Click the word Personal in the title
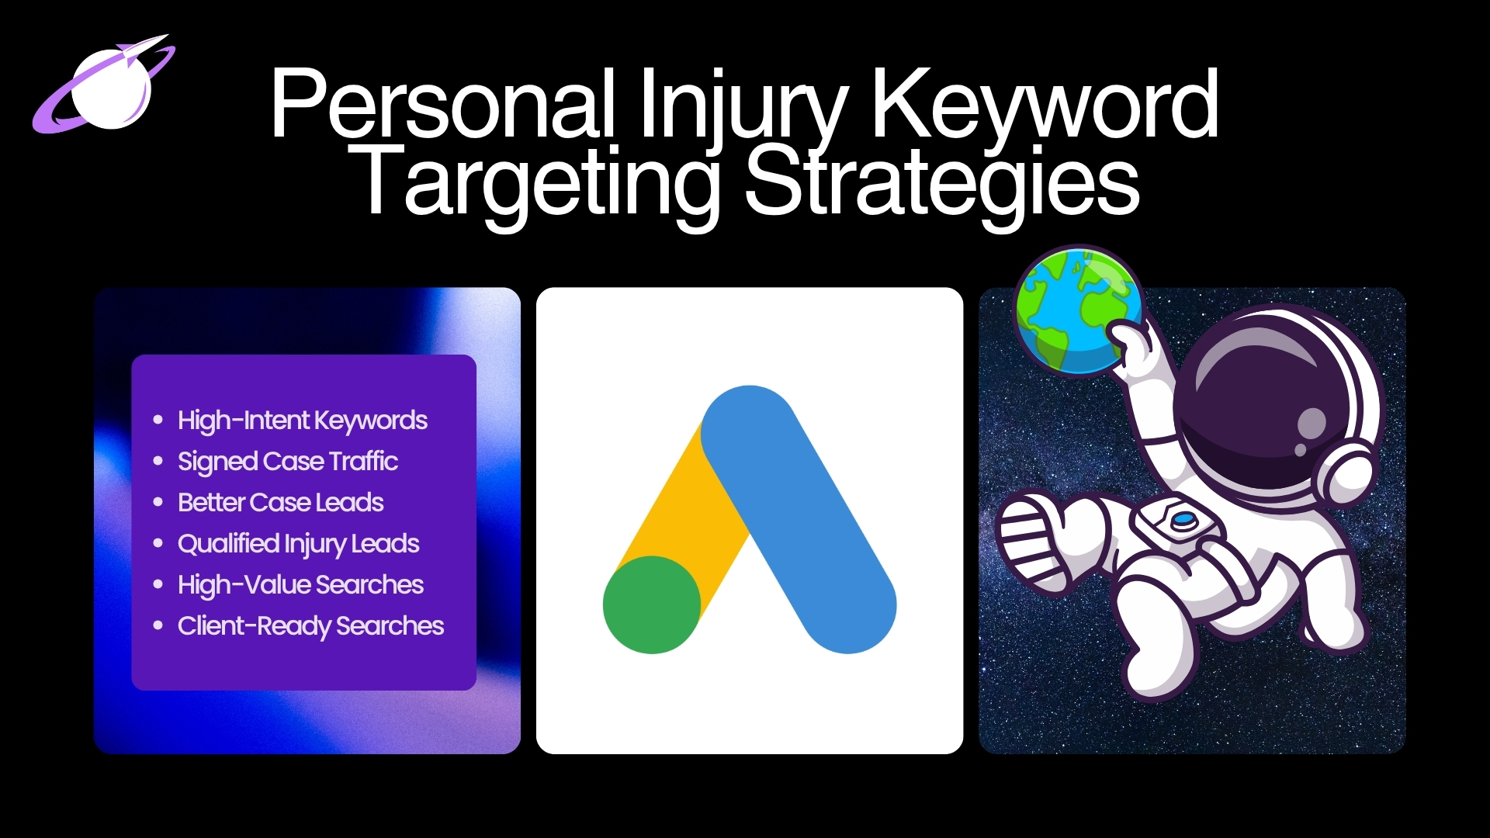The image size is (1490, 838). click(443, 105)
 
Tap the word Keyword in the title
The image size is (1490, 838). click(1044, 105)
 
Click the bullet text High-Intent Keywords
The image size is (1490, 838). click(302, 421)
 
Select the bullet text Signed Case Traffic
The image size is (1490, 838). click(287, 462)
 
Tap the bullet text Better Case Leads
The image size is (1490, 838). click(280, 503)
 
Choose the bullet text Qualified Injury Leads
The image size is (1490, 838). click(298, 544)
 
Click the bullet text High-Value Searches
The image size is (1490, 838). click(300, 585)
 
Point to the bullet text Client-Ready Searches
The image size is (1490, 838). click(310, 626)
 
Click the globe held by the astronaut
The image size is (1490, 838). click(1075, 310)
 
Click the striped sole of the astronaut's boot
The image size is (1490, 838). click(1024, 543)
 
